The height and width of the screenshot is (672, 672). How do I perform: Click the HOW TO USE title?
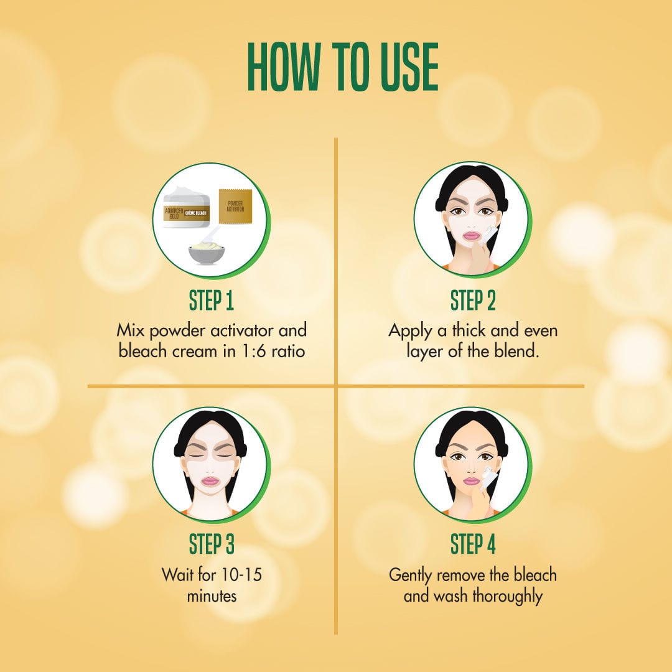[342, 67]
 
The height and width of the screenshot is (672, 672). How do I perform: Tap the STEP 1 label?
[212, 300]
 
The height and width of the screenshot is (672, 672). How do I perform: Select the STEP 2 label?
[473, 300]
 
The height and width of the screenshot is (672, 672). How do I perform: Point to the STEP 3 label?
[212, 544]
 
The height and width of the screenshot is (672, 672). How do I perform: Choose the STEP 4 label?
[473, 544]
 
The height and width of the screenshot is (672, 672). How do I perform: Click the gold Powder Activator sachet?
[235, 206]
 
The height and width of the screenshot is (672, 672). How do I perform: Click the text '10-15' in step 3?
[241, 574]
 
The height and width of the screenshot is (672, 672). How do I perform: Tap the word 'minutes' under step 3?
[212, 595]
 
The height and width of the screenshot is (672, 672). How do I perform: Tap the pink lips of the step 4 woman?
[472, 481]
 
